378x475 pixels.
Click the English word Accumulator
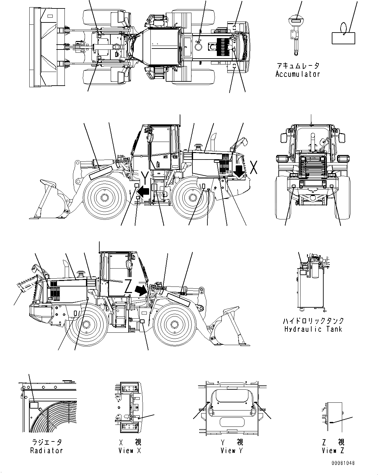click(x=298, y=74)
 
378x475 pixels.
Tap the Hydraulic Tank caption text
click(x=313, y=329)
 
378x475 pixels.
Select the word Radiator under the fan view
click(x=46, y=451)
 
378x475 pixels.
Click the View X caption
click(x=130, y=451)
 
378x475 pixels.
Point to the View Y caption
click(x=231, y=451)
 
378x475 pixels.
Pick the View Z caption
click(x=333, y=451)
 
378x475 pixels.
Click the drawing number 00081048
click(x=343, y=463)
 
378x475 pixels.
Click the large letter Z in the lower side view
click(x=129, y=287)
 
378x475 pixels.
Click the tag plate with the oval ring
click(x=343, y=37)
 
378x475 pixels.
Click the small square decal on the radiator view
click(x=34, y=405)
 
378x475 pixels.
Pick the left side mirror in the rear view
click(x=283, y=137)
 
